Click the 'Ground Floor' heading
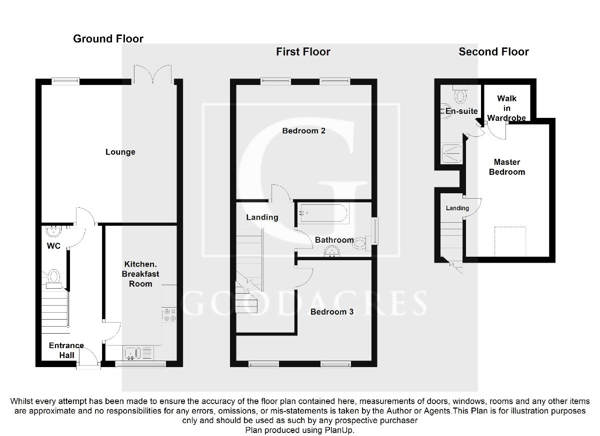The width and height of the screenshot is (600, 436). click(108, 39)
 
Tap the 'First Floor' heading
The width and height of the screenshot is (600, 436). click(303, 51)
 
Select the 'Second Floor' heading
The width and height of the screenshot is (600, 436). click(493, 51)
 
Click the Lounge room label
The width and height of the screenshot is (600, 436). click(120, 152)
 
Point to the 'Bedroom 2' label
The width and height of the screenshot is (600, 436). click(303, 131)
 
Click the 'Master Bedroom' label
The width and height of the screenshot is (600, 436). click(506, 167)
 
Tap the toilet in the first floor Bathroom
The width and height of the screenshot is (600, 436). click(362, 242)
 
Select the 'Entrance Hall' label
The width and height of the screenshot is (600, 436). click(66, 350)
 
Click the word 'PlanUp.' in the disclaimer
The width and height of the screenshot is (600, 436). click(341, 430)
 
